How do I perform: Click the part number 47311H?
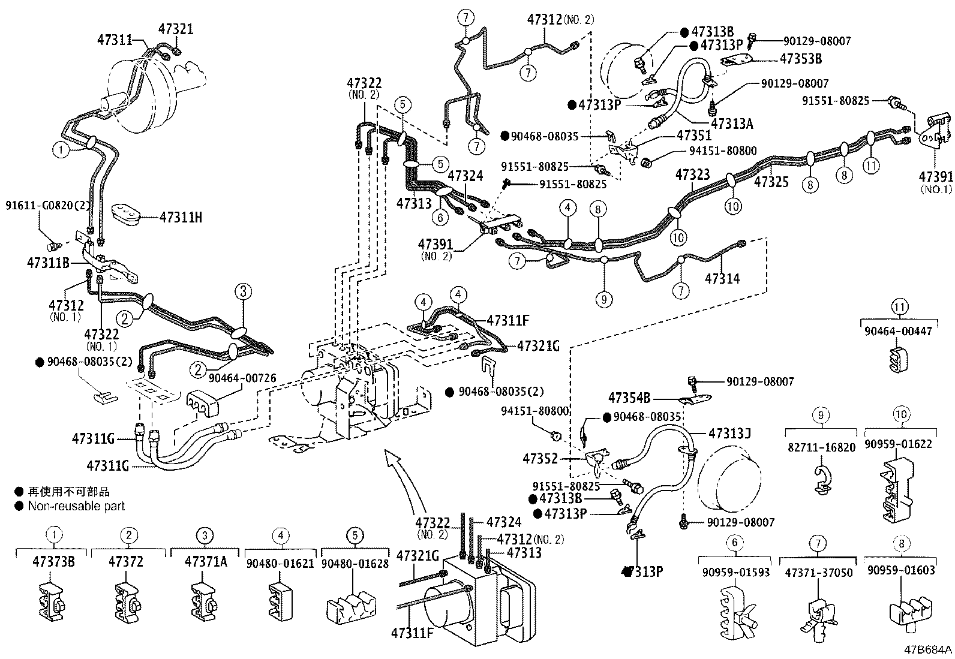pyautogui.click(x=181, y=218)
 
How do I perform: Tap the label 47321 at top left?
pyautogui.click(x=176, y=29)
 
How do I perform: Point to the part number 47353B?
pyautogui.click(x=800, y=59)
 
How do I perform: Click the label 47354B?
pyautogui.click(x=629, y=398)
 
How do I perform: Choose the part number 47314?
pyautogui.click(x=722, y=279)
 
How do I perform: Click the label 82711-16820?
pyautogui.click(x=821, y=447)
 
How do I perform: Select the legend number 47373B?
pyautogui.click(x=53, y=562)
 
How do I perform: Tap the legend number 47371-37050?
pyautogui.click(x=818, y=573)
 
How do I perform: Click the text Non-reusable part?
pyautogui.click(x=76, y=506)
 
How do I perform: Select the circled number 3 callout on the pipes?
pyautogui.click(x=243, y=292)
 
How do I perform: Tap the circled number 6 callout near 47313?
pyautogui.click(x=440, y=218)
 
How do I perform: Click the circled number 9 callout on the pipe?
pyautogui.click(x=603, y=299)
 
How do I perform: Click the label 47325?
pyautogui.click(x=771, y=182)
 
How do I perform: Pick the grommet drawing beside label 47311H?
pyautogui.click(x=125, y=215)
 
